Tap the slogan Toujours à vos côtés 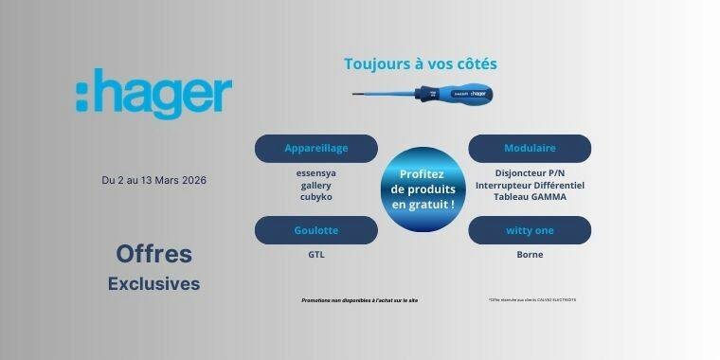point(420,64)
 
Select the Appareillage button point(315,148)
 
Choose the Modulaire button point(530,148)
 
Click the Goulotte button point(315,230)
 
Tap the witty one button point(530,230)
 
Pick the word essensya point(315,173)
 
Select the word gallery point(315,186)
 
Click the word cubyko point(315,198)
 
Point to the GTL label point(315,254)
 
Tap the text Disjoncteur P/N point(530,173)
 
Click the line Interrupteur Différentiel point(530,186)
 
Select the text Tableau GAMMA point(530,198)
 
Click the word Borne point(530,254)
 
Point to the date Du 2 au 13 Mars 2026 point(153,180)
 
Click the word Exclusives point(153,283)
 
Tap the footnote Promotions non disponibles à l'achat point(359,300)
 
